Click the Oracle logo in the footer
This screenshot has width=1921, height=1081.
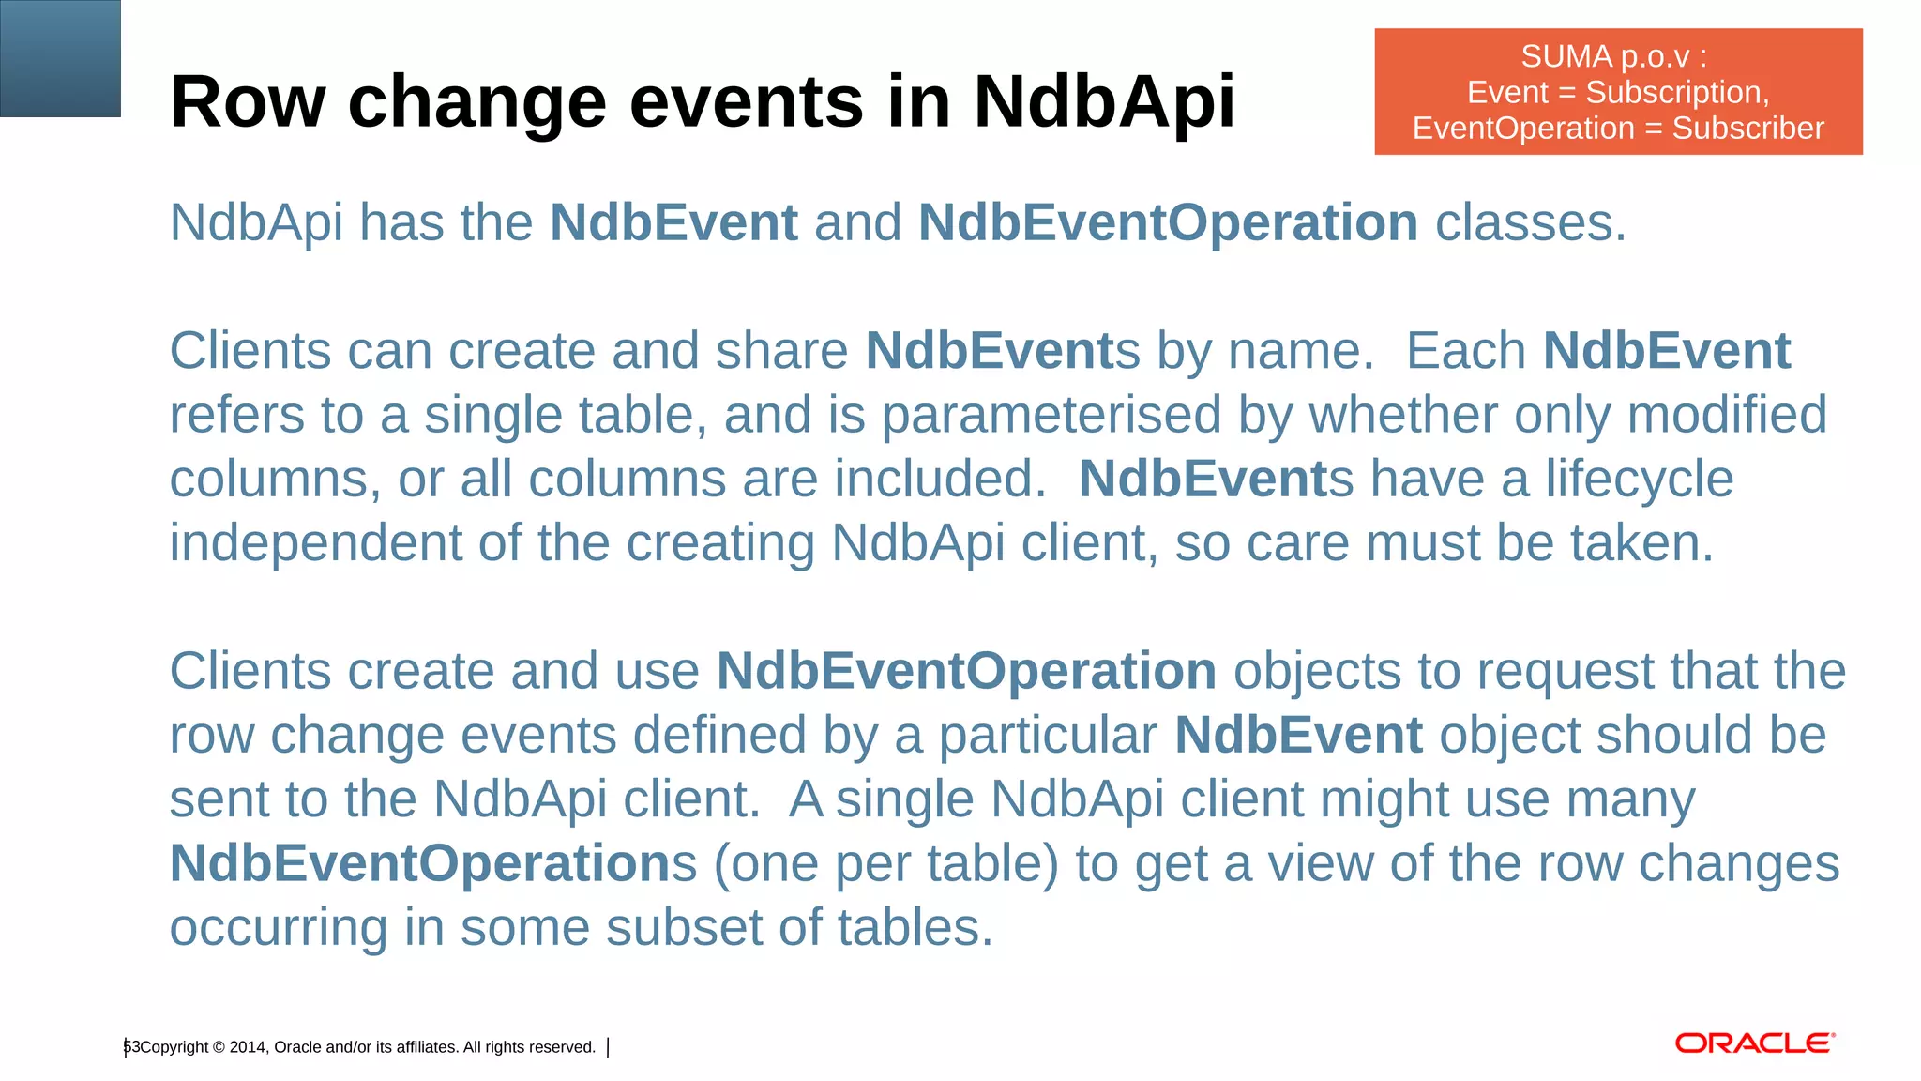pos(1754,1043)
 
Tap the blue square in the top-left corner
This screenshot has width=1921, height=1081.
pos(60,58)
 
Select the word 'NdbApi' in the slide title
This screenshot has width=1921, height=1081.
pos(1104,101)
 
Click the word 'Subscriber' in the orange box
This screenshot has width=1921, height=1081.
pos(1747,128)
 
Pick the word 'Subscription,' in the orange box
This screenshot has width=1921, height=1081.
pos(1677,92)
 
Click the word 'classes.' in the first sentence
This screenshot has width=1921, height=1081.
pos(1530,223)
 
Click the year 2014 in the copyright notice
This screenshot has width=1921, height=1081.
pos(248,1047)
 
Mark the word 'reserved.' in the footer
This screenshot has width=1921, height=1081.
pos(563,1047)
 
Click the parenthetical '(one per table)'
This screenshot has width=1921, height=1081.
pos(885,863)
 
